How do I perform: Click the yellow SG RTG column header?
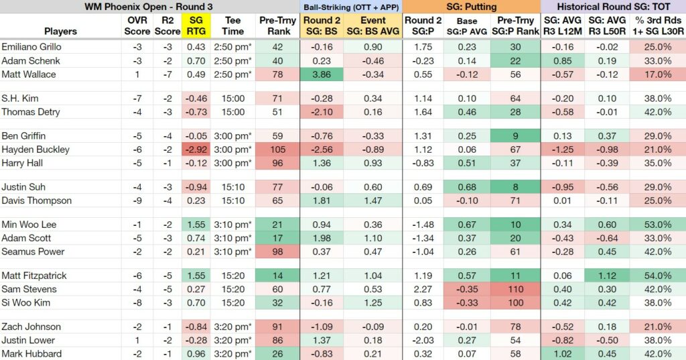(x=196, y=26)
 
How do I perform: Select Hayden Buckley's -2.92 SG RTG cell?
(x=196, y=149)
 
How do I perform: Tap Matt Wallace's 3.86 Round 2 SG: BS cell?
(x=322, y=74)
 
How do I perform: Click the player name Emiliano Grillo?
(x=31, y=47)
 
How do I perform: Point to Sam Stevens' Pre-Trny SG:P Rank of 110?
(x=515, y=289)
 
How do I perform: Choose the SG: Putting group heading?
(x=471, y=7)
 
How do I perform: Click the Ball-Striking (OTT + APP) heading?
(x=351, y=7)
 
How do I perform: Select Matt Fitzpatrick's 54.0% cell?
(x=658, y=276)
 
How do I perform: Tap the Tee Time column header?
(x=232, y=26)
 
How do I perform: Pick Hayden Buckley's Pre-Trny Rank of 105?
(x=277, y=149)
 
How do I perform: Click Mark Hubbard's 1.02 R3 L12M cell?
(x=563, y=353)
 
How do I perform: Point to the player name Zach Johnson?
(x=31, y=326)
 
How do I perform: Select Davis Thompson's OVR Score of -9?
(x=137, y=200)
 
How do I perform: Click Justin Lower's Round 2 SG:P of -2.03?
(x=423, y=340)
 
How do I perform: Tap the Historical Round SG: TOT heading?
(x=614, y=7)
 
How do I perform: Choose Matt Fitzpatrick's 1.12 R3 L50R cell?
(x=607, y=276)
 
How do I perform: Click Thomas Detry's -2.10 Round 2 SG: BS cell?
(x=322, y=112)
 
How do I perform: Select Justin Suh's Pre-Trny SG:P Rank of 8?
(x=515, y=187)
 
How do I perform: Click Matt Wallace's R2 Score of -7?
(x=167, y=74)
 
